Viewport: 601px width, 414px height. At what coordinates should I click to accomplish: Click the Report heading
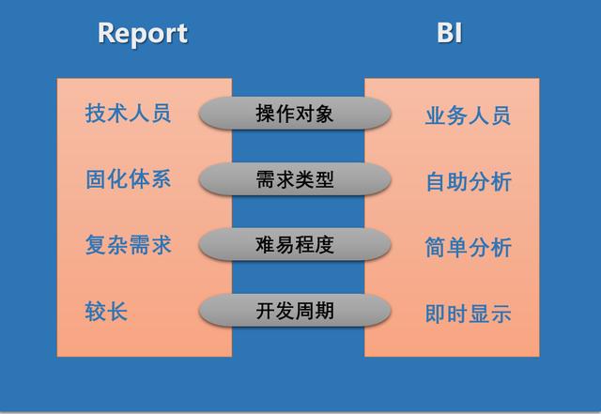click(143, 34)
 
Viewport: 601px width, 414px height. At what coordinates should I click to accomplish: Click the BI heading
click(449, 34)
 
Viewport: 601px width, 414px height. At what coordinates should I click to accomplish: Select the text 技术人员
click(128, 115)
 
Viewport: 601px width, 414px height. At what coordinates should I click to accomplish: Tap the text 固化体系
click(128, 179)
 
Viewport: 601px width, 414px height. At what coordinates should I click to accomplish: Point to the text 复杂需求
click(128, 245)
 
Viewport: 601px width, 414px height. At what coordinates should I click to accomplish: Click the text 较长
click(106, 311)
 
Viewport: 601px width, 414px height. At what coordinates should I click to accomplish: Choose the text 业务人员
click(468, 116)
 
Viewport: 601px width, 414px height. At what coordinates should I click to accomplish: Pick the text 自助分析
click(468, 181)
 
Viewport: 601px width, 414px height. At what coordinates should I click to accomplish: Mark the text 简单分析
click(468, 248)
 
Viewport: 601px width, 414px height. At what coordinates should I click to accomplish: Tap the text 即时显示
click(468, 314)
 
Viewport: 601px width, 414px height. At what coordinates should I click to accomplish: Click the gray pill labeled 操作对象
click(294, 115)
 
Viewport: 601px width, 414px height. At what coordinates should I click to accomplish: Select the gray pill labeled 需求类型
click(294, 179)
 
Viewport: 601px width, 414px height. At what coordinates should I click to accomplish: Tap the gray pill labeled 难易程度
click(294, 245)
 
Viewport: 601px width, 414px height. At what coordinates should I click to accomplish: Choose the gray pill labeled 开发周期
click(294, 311)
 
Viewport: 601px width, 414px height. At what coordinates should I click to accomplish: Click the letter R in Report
click(106, 34)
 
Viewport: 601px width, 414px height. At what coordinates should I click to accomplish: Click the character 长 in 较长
click(117, 311)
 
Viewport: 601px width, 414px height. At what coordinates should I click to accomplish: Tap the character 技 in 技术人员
click(96, 115)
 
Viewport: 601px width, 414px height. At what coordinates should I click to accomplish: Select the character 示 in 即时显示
click(501, 314)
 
